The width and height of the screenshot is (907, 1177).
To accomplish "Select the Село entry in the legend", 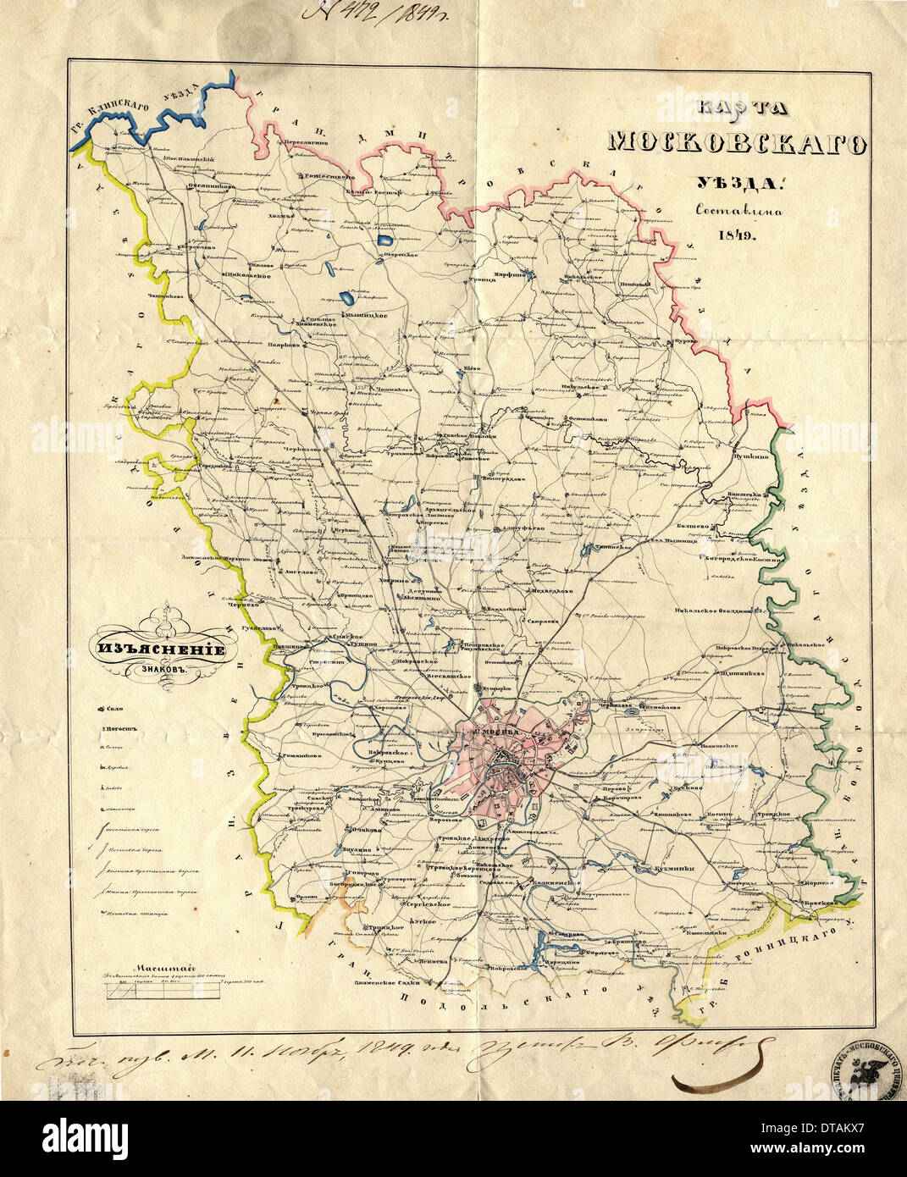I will [x=114, y=708].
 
